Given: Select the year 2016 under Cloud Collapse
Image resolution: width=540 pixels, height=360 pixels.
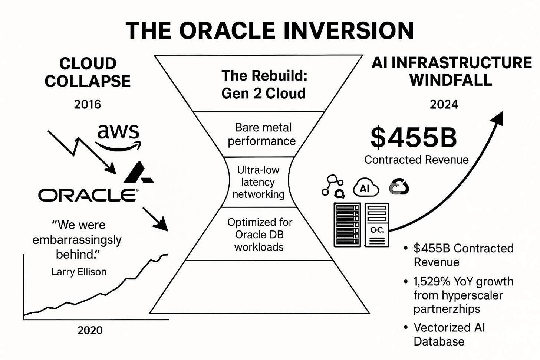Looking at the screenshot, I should [x=87, y=104].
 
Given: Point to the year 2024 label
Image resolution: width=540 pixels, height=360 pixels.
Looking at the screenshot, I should [x=444, y=104].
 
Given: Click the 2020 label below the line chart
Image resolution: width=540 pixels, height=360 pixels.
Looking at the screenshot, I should [x=90, y=330].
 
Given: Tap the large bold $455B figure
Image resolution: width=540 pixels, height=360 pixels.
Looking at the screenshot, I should [x=414, y=137].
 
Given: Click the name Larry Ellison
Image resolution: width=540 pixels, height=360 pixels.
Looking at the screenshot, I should [x=79, y=272].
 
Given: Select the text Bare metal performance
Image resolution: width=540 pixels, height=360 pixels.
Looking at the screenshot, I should [x=262, y=134].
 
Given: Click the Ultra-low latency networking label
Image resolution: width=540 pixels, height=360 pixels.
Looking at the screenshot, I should [x=258, y=182].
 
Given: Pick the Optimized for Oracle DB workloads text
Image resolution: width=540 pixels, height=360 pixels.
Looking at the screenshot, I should [x=259, y=235].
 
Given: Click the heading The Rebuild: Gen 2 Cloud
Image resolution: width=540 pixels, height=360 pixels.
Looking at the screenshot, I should [x=264, y=85].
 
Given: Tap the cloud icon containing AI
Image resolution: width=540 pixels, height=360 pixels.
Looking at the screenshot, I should [x=365, y=187].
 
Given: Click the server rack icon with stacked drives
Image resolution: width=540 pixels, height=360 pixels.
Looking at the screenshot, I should [x=347, y=225].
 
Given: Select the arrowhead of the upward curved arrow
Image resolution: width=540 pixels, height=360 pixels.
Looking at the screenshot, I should [x=497, y=118].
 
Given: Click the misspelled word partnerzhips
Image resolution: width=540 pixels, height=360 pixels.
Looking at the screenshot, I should [x=447, y=309].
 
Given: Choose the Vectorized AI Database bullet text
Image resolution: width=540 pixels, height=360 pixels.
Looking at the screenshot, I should [x=449, y=334].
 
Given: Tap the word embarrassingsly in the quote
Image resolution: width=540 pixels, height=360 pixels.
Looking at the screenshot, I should [x=77, y=240].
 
